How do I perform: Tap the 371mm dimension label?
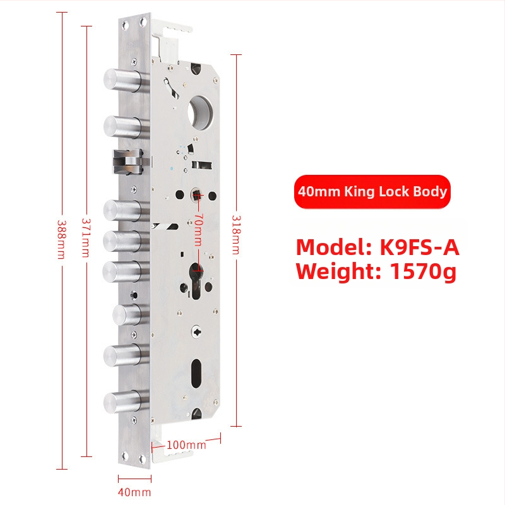click(x=86, y=238)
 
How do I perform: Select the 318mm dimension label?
click(x=235, y=235)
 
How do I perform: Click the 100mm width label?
click(x=186, y=445)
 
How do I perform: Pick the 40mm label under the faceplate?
click(x=134, y=492)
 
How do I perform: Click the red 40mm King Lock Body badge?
click(x=372, y=192)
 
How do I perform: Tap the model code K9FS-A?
click(x=419, y=247)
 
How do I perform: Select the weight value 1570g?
click(x=423, y=271)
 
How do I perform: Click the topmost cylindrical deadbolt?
click(x=122, y=80)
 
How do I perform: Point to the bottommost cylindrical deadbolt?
click(x=122, y=403)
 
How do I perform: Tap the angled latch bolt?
click(x=128, y=161)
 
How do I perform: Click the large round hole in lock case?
click(x=199, y=112)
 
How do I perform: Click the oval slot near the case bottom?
click(x=196, y=373)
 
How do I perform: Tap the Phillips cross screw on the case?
click(x=196, y=331)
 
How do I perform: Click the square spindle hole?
click(x=196, y=195)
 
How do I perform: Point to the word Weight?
click(x=338, y=271)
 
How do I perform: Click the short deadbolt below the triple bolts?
click(x=128, y=314)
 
